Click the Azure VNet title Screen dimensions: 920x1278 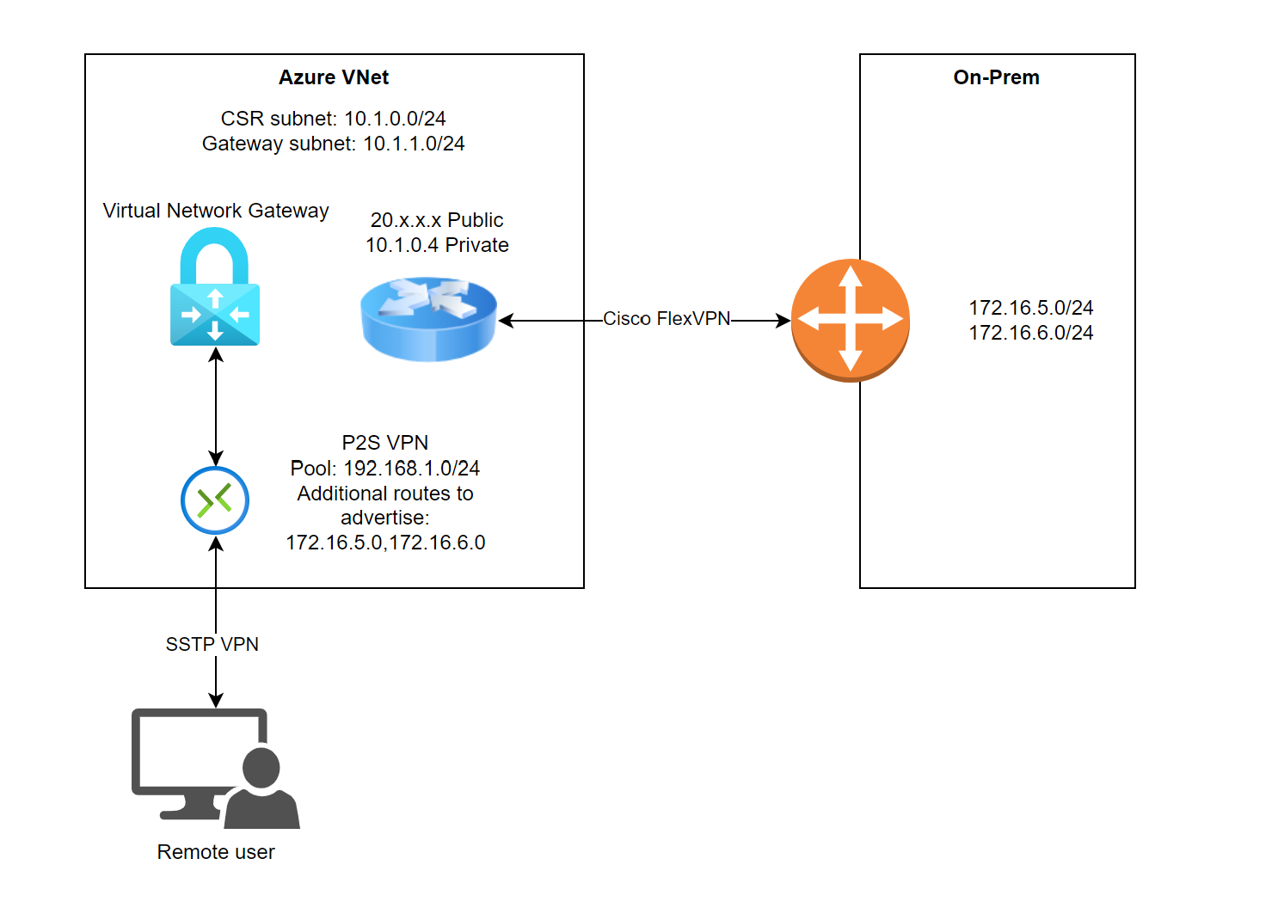point(334,77)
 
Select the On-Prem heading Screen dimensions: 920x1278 point(996,77)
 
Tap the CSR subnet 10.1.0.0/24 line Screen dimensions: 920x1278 point(334,119)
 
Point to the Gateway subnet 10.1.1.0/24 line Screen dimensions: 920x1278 point(334,144)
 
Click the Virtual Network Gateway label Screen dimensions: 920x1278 point(216,211)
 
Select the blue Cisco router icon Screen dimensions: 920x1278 point(428,318)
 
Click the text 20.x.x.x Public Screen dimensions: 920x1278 point(437,220)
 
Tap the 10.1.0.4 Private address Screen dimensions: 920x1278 point(437,245)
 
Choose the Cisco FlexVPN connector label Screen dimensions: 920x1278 point(667,319)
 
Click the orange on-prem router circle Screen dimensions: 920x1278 point(850,320)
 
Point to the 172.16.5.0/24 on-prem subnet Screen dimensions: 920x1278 point(1030,308)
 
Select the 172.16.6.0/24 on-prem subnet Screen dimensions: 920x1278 point(1030,333)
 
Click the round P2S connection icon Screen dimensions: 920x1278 point(215,500)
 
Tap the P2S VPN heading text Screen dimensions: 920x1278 point(385,443)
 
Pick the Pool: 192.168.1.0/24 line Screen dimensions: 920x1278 point(385,469)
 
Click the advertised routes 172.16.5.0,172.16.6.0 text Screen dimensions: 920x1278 point(385,543)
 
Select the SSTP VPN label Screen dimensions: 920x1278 point(212,645)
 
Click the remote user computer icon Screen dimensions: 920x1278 point(215,767)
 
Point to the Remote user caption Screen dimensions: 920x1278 point(216,852)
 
